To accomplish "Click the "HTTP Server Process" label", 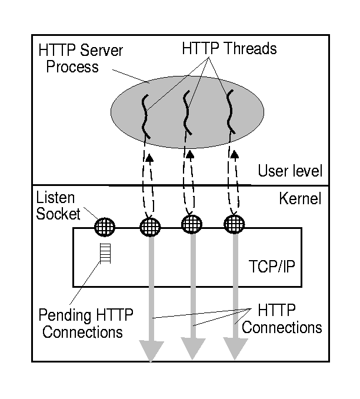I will pyautogui.click(x=80, y=58).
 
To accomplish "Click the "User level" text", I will pyautogui.click(x=290, y=171).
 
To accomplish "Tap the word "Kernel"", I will pyautogui.click(x=299, y=198).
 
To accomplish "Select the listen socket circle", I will pyautogui.click(x=105, y=226).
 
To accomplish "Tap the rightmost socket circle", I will pyautogui.click(x=235, y=224).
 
